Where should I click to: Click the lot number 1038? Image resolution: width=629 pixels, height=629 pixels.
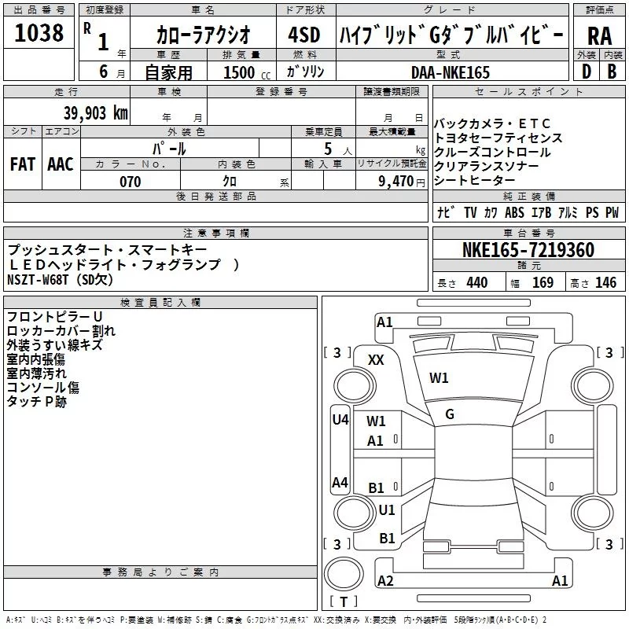point(39,33)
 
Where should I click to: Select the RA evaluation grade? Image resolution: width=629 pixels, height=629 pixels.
point(600,36)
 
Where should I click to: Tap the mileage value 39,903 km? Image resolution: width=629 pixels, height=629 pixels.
point(96,113)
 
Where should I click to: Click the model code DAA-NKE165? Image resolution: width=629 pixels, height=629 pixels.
point(451,72)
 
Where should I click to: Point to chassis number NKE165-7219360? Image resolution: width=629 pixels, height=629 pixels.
point(528,250)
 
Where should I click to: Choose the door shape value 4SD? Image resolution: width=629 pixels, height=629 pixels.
point(304,35)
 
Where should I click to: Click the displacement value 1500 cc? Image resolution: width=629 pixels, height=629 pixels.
point(247,72)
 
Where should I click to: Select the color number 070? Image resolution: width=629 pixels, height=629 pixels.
point(131,182)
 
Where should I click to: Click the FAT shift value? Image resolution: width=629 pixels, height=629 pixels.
point(23,164)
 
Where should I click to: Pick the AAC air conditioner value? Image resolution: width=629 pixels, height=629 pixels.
point(61,164)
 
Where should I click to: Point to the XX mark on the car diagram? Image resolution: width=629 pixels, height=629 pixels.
point(376,360)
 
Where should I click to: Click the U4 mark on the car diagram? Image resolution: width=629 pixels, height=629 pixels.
point(340,420)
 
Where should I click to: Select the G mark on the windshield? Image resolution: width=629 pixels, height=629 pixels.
point(450,414)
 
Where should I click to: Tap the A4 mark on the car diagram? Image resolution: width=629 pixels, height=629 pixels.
point(340,482)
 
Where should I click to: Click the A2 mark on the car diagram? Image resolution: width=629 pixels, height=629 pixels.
point(385,580)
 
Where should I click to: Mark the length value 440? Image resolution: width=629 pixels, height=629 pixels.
point(477,283)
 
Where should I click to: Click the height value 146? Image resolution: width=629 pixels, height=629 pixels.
point(605,283)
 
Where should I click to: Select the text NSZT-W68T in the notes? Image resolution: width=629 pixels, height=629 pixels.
point(38,280)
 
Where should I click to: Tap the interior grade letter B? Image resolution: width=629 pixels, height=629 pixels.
point(612,72)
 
